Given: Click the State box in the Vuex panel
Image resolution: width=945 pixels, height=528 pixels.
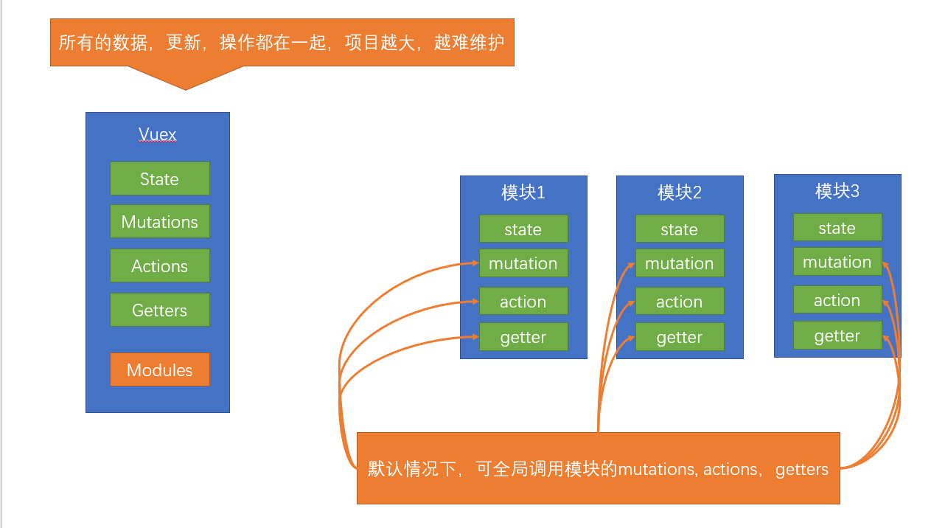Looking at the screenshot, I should [160, 179].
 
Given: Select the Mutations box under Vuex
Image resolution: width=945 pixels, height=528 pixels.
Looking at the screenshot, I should [160, 222].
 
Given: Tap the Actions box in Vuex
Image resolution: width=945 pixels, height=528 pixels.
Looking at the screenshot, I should [160, 266].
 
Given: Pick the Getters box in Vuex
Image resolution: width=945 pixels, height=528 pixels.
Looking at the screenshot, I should [160, 310].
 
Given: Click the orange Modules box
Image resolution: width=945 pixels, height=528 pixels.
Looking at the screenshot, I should [160, 370].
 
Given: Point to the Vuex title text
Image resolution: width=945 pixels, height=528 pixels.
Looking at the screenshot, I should [158, 135].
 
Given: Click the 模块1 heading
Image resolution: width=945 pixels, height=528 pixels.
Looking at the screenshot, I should [523, 192].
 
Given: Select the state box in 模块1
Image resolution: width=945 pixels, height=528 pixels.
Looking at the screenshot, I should [523, 229].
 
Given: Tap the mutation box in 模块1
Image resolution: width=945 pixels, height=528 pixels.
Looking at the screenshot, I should [523, 263].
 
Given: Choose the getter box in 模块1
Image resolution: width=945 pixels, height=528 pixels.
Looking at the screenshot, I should [523, 337].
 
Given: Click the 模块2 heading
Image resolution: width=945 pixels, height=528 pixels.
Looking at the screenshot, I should [680, 192].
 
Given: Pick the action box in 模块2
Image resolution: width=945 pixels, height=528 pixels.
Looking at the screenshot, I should [680, 302].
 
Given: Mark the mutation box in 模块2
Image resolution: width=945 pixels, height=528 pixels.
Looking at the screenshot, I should [680, 263].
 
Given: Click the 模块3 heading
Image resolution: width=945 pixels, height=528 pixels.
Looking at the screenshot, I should [837, 191].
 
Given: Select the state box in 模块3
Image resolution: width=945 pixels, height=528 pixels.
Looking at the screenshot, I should [837, 228].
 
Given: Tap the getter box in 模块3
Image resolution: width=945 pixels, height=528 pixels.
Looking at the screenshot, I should [837, 336].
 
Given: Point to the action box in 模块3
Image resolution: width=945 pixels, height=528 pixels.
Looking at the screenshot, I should [837, 300].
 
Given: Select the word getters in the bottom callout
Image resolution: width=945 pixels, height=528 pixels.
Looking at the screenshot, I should [802, 469].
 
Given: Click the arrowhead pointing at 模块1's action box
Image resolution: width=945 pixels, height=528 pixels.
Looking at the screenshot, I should [474, 301].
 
